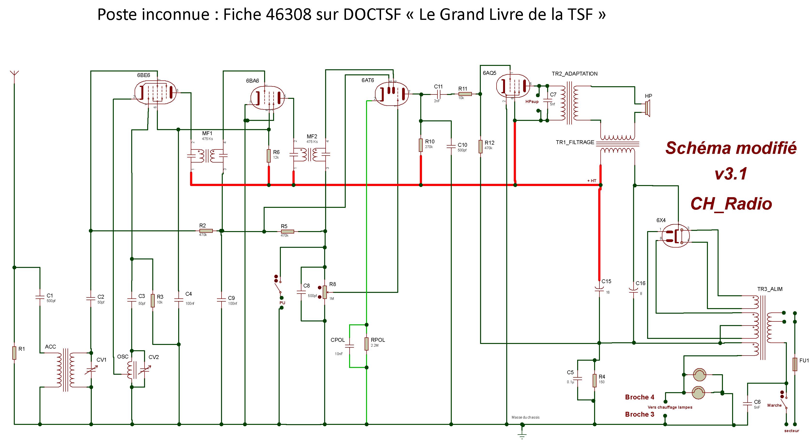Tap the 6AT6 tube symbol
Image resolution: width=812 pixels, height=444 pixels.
tap(391, 93)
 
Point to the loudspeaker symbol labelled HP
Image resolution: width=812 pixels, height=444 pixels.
tap(647, 108)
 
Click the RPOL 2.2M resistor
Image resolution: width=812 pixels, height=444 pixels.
tap(366, 344)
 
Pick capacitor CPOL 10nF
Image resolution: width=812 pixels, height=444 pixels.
tap(349, 346)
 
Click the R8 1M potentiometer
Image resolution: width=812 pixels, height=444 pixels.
tap(325, 292)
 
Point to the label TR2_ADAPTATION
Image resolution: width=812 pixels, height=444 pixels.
tap(574, 74)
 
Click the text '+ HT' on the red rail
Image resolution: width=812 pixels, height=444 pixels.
tap(592, 181)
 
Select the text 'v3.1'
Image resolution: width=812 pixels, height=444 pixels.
tap(731, 174)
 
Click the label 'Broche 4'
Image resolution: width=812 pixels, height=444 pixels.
tap(640, 397)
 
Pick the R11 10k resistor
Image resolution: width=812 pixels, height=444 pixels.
tap(465, 94)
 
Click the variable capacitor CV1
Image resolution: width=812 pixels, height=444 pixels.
tap(91, 370)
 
